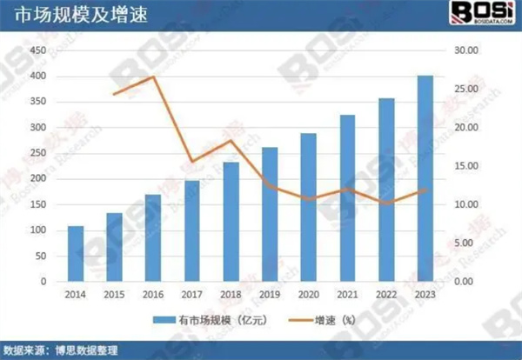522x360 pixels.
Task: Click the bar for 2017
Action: (x=192, y=231)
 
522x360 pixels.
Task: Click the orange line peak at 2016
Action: (x=153, y=77)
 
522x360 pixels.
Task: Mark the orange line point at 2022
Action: (x=386, y=203)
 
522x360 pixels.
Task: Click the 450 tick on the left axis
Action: (x=37, y=51)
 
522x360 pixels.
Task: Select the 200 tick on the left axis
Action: (x=37, y=180)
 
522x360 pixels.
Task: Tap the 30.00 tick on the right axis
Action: (x=467, y=51)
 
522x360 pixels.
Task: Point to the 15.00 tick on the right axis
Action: (x=467, y=167)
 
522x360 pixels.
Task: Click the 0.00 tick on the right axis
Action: (x=467, y=283)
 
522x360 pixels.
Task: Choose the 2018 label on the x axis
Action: (x=231, y=297)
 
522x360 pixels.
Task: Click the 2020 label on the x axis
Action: (x=308, y=297)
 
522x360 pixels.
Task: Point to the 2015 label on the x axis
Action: (x=114, y=297)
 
